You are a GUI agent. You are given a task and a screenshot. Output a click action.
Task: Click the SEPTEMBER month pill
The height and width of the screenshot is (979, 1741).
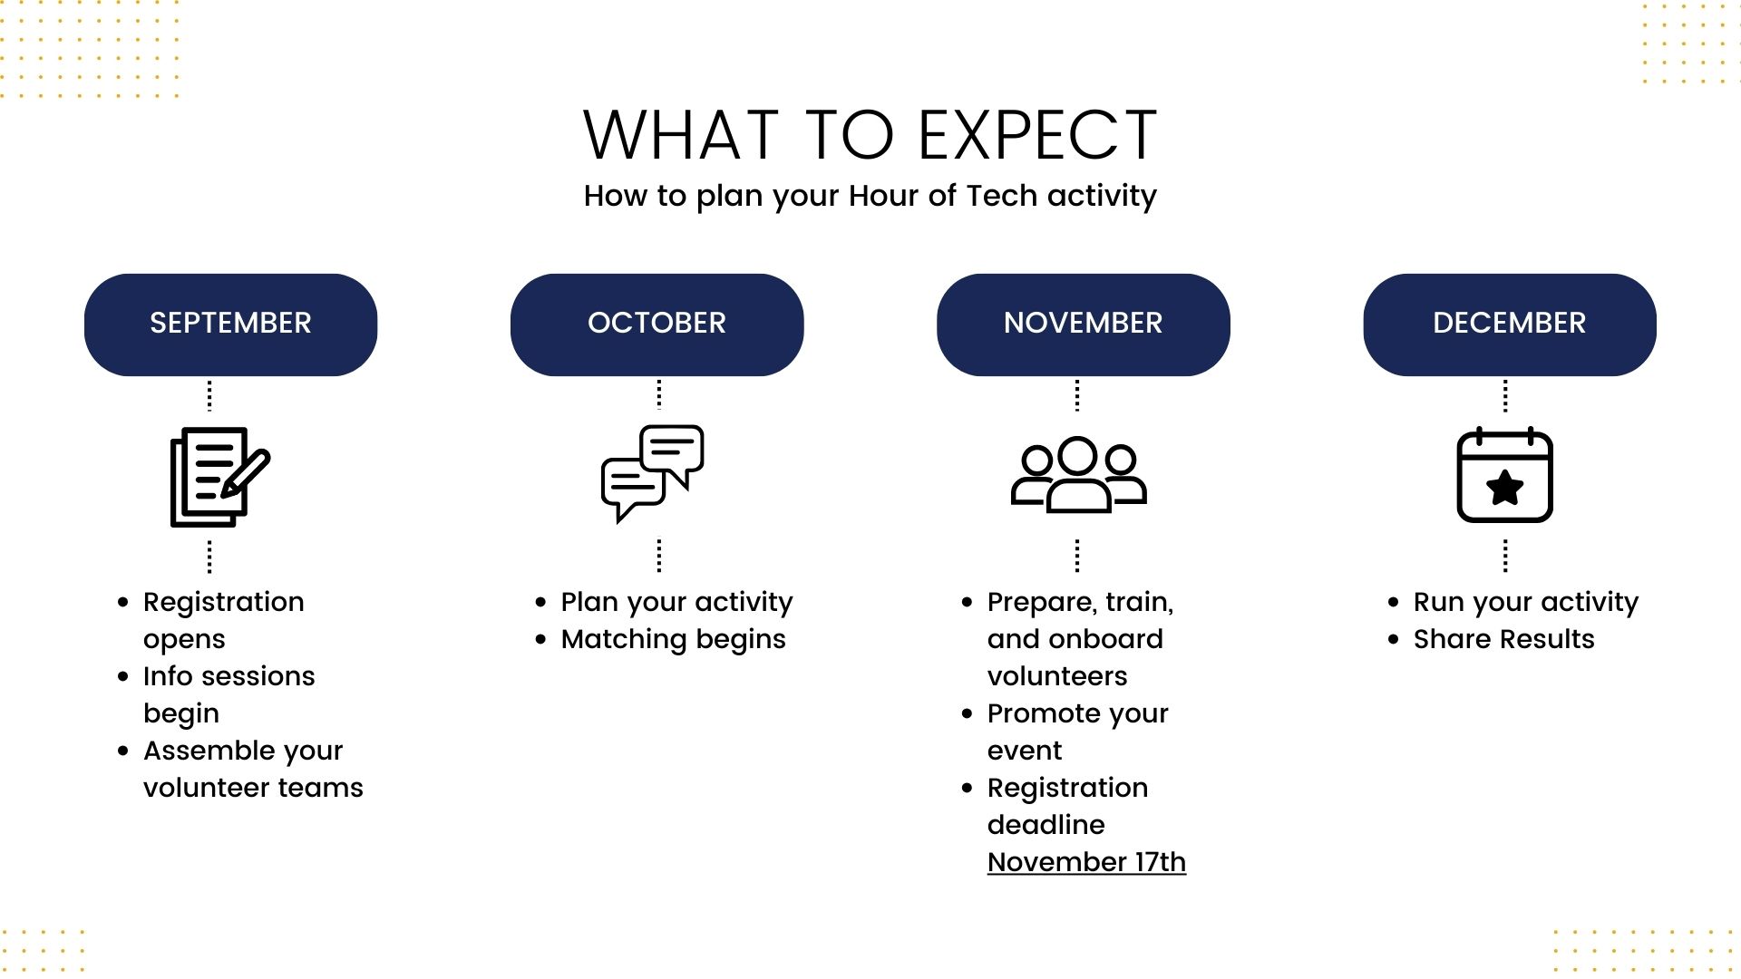point(230,325)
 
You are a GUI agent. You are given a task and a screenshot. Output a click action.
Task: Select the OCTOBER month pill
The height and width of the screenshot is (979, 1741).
point(657,325)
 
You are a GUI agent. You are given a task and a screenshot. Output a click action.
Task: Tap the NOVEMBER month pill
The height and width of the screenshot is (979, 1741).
point(1083,325)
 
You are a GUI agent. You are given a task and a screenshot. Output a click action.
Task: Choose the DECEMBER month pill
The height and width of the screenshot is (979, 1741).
point(1510,325)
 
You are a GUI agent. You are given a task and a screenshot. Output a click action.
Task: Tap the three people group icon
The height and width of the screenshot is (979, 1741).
point(1078,475)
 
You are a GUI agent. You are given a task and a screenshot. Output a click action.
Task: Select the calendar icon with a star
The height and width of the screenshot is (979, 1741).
point(1505,475)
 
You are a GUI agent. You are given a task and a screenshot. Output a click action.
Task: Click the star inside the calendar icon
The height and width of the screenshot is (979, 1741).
point(1505,488)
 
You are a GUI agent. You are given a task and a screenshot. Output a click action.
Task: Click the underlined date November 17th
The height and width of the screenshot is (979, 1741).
point(1086,862)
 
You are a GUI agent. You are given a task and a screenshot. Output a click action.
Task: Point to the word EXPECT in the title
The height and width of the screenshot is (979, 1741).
point(1038,135)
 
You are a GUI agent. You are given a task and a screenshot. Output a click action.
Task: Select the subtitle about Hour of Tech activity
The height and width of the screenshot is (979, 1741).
point(870,196)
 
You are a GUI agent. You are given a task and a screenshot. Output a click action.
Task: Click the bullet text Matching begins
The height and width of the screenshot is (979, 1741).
point(673,639)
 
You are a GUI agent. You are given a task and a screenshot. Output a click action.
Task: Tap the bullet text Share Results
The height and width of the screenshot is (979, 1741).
point(1503,639)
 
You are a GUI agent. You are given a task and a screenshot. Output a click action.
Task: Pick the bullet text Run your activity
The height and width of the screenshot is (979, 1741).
point(1526,602)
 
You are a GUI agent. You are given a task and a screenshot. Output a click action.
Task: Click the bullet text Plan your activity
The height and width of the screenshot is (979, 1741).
point(676,602)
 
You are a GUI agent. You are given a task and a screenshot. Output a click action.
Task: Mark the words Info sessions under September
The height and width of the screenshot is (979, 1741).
point(229,676)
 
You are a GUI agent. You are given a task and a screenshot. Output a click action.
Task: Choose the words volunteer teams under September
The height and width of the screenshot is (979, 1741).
point(253,788)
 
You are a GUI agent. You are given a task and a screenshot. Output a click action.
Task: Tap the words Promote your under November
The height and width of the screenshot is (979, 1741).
point(1077,714)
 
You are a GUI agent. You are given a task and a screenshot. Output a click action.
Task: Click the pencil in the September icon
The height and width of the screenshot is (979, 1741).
point(246,473)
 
